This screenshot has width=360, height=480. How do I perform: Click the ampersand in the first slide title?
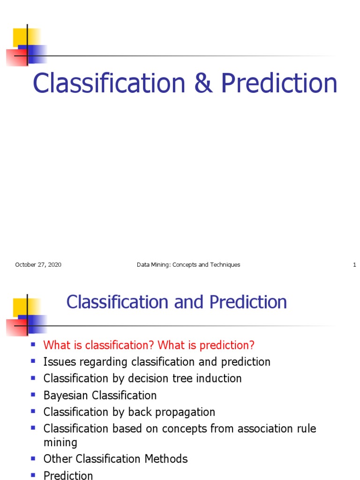(203, 83)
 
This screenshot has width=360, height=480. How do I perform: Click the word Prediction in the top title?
(279, 83)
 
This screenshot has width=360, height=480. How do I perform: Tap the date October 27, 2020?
(38, 265)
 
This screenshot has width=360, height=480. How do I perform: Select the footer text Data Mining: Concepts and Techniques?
(188, 265)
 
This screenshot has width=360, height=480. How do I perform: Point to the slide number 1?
(354, 265)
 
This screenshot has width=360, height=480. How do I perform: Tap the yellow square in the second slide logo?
(21, 305)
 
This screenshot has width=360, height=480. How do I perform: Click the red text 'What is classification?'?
(99, 345)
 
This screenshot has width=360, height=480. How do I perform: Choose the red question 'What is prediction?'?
(206, 345)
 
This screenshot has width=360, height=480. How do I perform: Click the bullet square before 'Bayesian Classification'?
(33, 394)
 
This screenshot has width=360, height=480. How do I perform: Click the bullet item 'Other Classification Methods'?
(115, 459)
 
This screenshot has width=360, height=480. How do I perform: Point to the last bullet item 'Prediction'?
(68, 475)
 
